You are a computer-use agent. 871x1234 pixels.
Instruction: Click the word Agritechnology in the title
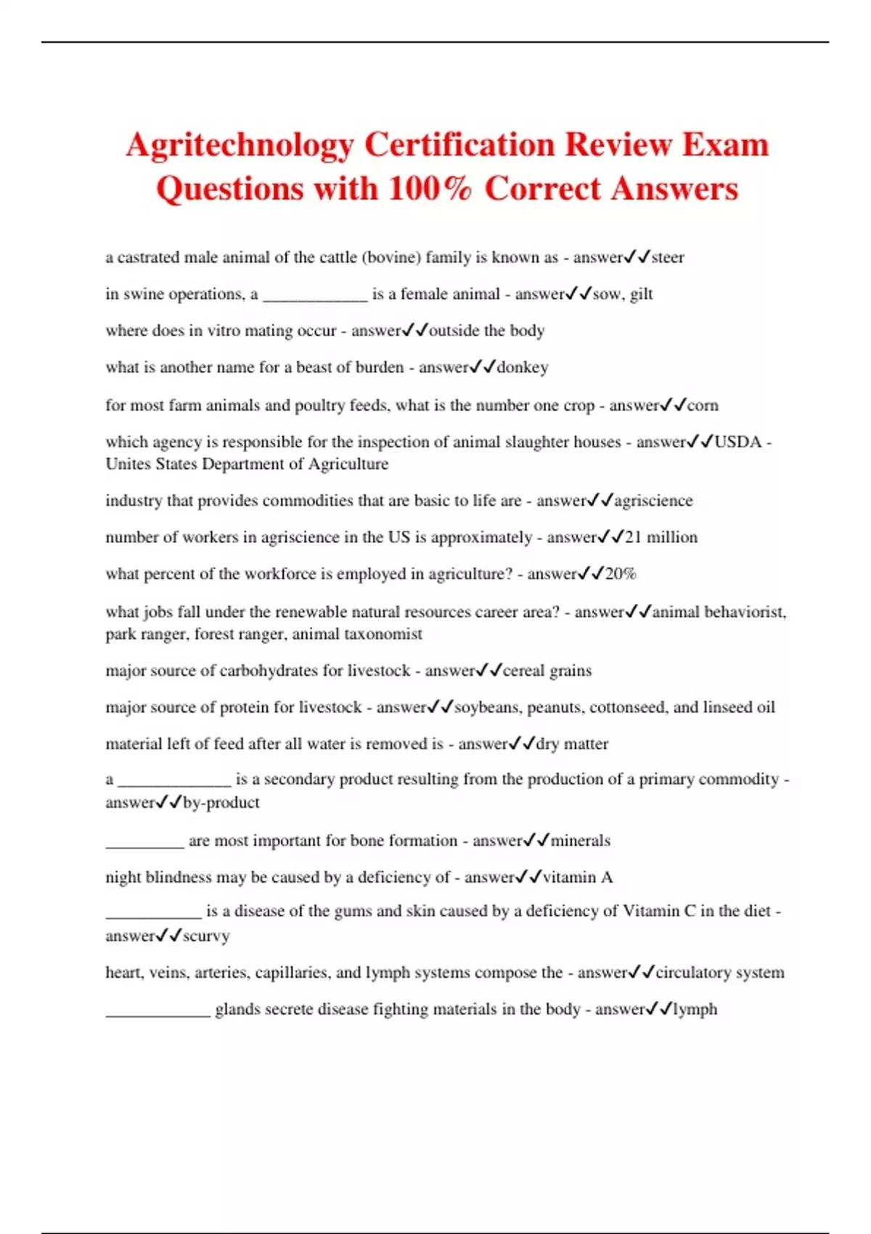240,144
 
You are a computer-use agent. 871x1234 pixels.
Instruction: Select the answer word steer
668,258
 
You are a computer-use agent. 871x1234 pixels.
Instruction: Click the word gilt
642,294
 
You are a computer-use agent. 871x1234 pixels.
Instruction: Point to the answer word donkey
523,367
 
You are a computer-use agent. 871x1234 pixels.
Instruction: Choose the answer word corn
703,405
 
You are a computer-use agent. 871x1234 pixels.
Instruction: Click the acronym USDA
738,442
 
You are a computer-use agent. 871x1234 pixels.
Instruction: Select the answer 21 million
661,537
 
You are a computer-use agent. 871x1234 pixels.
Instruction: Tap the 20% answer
621,574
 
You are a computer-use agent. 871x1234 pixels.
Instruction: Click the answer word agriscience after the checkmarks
653,501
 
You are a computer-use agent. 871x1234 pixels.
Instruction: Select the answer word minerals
580,841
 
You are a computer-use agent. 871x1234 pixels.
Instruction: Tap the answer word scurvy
206,936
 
